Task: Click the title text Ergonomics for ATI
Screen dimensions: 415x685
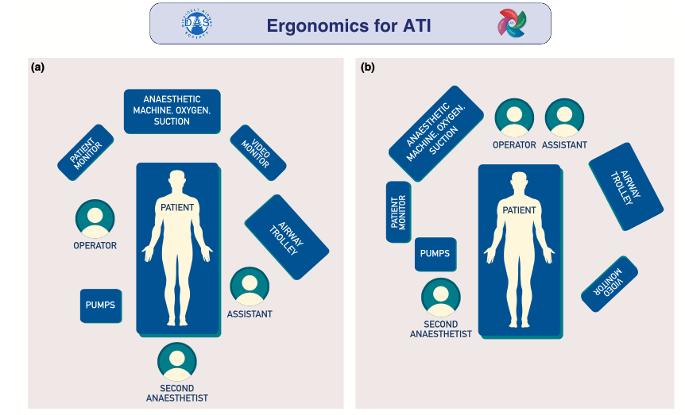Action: pyautogui.click(x=348, y=24)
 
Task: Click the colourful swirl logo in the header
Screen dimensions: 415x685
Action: pyautogui.click(x=511, y=23)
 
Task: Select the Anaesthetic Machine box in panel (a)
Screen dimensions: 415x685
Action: pyautogui.click(x=172, y=110)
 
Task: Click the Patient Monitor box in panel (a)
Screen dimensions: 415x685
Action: pyautogui.click(x=86, y=152)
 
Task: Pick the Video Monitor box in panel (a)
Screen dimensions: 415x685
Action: pyautogui.click(x=258, y=152)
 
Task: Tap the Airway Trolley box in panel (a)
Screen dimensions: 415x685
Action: pyautogui.click(x=287, y=236)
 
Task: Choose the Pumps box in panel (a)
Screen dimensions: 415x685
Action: pyautogui.click(x=101, y=305)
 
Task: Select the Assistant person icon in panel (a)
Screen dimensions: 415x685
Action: pyautogui.click(x=250, y=286)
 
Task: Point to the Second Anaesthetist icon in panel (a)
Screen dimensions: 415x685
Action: pyautogui.click(x=177, y=362)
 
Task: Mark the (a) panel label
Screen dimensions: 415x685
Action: pyautogui.click(x=37, y=68)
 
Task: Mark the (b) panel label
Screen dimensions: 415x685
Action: pyautogui.click(x=368, y=68)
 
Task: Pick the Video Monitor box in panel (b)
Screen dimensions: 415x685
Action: pyautogui.click(x=610, y=283)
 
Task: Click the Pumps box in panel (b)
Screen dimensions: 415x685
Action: pyautogui.click(x=435, y=254)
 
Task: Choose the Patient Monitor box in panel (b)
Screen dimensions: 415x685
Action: pyautogui.click(x=398, y=212)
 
